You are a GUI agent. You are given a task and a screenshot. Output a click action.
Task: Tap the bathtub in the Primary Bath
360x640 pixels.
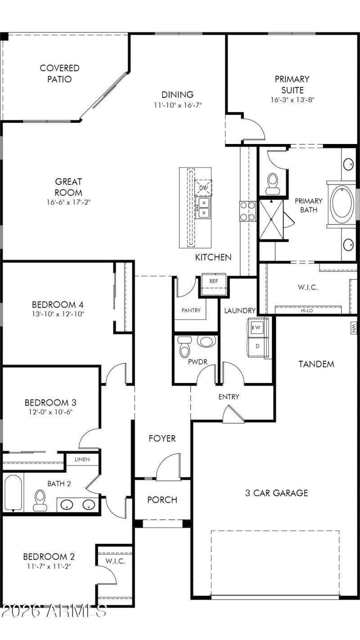coord(343,204)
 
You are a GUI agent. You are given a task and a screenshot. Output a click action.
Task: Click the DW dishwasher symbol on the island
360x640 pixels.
coord(203,187)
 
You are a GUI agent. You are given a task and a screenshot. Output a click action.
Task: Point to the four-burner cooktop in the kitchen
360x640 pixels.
coord(247,211)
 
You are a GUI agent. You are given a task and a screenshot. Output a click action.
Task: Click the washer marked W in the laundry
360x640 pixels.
coord(258,327)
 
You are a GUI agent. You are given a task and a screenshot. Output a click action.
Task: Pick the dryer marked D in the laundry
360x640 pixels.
coord(258,346)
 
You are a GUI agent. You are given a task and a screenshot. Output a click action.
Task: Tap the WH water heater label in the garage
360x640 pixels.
coord(353,328)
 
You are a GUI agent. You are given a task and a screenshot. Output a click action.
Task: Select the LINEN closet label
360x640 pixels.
coord(82,460)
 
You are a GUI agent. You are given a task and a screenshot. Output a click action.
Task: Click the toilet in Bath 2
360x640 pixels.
coord(40,500)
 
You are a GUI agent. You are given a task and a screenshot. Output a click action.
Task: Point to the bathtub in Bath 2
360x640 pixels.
coord(13,493)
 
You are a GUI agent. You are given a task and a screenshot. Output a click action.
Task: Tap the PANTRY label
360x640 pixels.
coord(191,310)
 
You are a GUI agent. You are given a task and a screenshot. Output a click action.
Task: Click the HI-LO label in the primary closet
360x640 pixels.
coord(308,310)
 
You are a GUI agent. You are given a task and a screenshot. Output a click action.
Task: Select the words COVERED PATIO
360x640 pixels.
coord(59,74)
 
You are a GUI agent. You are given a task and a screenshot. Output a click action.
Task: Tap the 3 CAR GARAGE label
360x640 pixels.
coord(276,493)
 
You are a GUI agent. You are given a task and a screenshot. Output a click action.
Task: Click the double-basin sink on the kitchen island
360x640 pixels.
coord(204,207)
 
